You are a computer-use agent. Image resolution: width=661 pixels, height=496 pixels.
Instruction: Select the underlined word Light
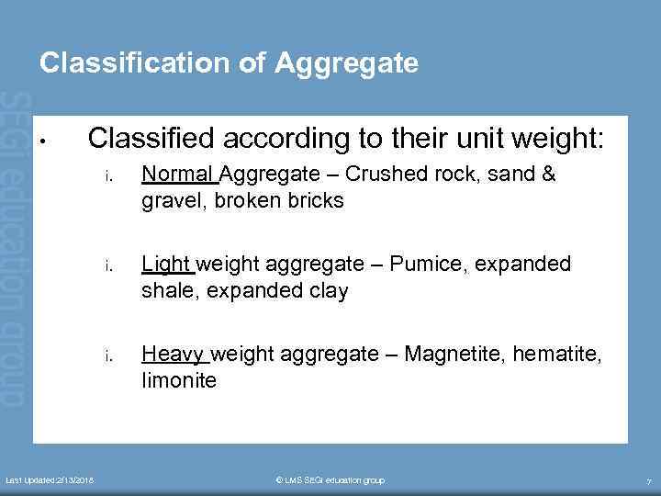pyautogui.click(x=166, y=265)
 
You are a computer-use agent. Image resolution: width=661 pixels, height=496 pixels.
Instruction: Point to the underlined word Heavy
pyautogui.click(x=174, y=354)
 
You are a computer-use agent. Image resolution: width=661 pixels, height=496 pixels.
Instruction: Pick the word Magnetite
pyautogui.click(x=458, y=354)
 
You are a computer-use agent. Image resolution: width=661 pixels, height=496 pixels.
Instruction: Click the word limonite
pyautogui.click(x=179, y=379)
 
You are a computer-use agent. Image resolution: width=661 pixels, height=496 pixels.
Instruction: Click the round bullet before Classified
pyautogui.click(x=43, y=142)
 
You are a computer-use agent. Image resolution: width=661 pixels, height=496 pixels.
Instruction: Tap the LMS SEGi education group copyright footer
pyautogui.click(x=330, y=480)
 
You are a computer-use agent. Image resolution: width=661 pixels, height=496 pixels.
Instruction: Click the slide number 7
pyautogui.click(x=649, y=481)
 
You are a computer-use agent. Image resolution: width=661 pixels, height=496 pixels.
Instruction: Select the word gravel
pyautogui.click(x=170, y=200)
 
